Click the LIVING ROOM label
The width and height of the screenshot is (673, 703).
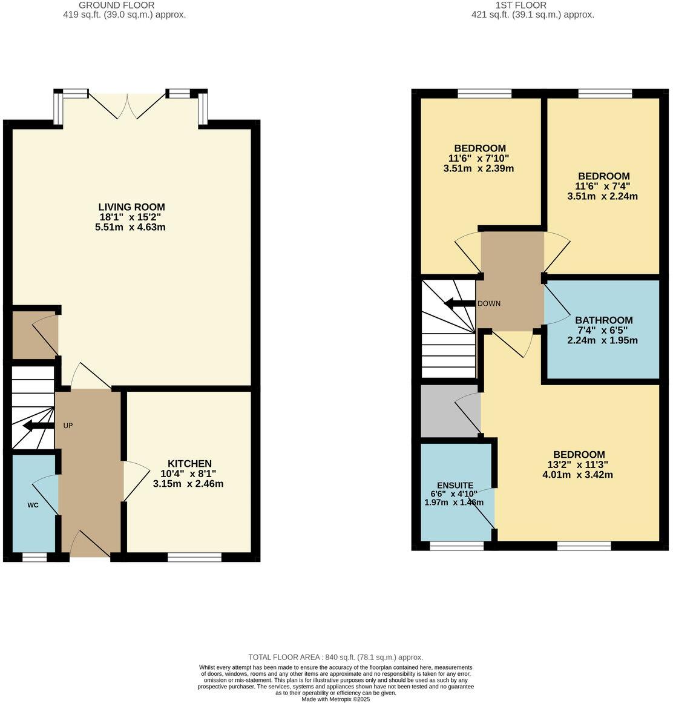point(132,207)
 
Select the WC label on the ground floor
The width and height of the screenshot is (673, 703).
point(33,504)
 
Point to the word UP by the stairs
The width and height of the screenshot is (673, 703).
point(68,426)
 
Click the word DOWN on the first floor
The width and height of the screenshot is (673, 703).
point(488,303)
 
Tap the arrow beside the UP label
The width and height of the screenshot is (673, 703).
point(38,427)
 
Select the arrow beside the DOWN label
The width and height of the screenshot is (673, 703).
point(459,303)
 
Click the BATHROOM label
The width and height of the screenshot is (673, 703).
point(603,320)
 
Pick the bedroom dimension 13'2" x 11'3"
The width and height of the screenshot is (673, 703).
point(579,465)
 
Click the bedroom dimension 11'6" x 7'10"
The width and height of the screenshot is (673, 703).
point(479,158)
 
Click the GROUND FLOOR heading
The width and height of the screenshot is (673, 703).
point(125,5)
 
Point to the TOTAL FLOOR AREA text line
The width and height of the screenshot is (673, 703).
point(336,657)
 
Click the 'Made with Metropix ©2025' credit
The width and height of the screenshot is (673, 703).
point(336,699)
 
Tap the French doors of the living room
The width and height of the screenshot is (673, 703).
point(128,106)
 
